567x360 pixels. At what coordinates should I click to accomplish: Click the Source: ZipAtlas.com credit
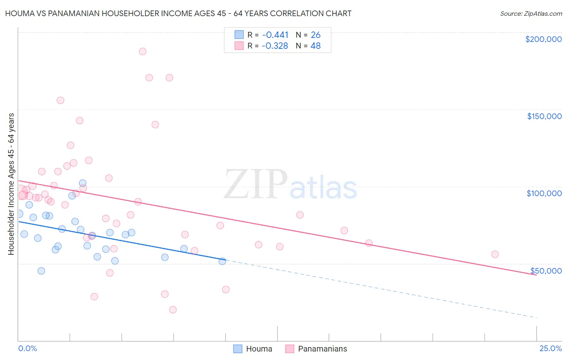[531, 13]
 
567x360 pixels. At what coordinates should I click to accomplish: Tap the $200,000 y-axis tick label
[543, 39]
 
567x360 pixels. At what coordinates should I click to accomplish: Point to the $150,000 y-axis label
[544, 116]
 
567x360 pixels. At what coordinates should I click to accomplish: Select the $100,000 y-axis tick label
[544, 193]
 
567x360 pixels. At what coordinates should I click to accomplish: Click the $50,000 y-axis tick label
[546, 271]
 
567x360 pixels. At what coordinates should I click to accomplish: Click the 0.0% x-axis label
[27, 348]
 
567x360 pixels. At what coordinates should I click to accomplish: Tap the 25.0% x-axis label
[550, 348]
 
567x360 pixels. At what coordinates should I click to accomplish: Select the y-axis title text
[11, 184]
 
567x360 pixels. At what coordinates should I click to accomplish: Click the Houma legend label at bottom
[259, 349]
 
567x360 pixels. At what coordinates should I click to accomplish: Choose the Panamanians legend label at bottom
[322, 349]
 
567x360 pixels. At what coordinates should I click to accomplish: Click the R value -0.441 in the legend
[275, 35]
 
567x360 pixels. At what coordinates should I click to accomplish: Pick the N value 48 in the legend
[315, 46]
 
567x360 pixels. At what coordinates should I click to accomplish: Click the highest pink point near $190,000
[142, 52]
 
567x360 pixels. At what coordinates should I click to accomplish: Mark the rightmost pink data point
[495, 254]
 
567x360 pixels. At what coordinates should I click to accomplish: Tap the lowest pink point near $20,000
[173, 310]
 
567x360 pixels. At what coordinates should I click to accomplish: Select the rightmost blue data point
[222, 261]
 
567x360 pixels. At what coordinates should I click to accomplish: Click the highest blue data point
[83, 183]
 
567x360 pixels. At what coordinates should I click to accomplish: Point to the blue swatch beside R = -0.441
[239, 35]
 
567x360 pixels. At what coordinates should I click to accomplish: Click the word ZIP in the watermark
[255, 184]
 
